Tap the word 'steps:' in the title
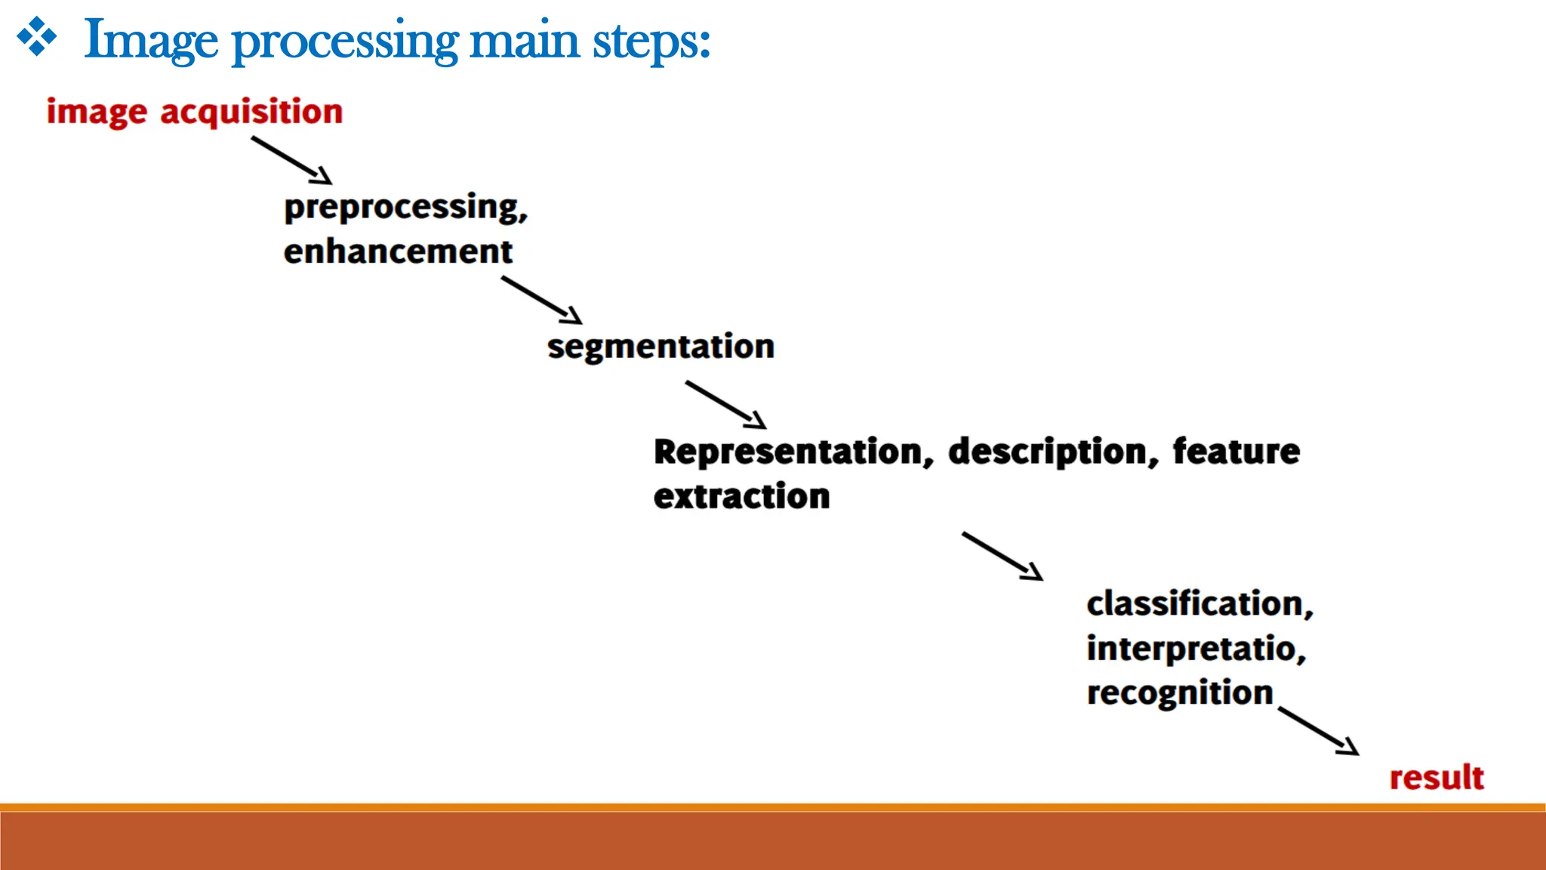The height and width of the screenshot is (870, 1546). [651, 42]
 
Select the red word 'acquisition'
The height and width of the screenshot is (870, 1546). [251, 113]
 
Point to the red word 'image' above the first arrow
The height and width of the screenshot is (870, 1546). [97, 113]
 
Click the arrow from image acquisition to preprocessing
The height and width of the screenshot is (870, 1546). [292, 160]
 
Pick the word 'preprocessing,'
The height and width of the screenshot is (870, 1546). [405, 208]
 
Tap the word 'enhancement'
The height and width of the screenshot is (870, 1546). [398, 251]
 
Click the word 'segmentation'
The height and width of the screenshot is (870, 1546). [661, 347]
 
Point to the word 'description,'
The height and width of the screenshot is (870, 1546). [1053, 452]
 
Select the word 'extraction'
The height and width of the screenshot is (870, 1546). [741, 496]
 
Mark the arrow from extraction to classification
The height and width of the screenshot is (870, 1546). [1002, 556]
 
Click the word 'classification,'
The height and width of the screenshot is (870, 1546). [1200, 604]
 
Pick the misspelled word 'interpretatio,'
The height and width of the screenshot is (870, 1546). [1196, 649]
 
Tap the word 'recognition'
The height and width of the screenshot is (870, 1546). [1180, 693]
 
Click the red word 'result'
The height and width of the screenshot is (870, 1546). [1437, 778]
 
